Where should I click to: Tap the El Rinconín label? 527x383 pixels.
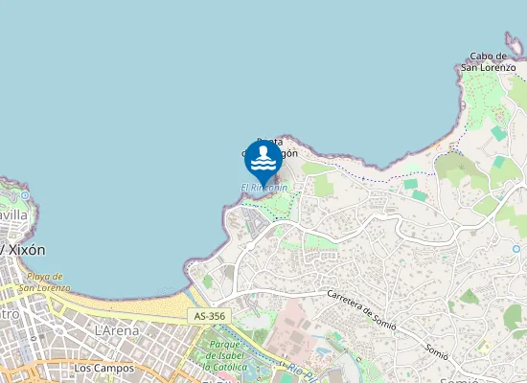(x=263, y=188)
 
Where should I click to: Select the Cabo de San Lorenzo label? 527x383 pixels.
(x=489, y=61)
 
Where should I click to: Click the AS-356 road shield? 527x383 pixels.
(x=209, y=316)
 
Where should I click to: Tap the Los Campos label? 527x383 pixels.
(x=103, y=367)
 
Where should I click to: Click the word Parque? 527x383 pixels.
(x=223, y=344)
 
